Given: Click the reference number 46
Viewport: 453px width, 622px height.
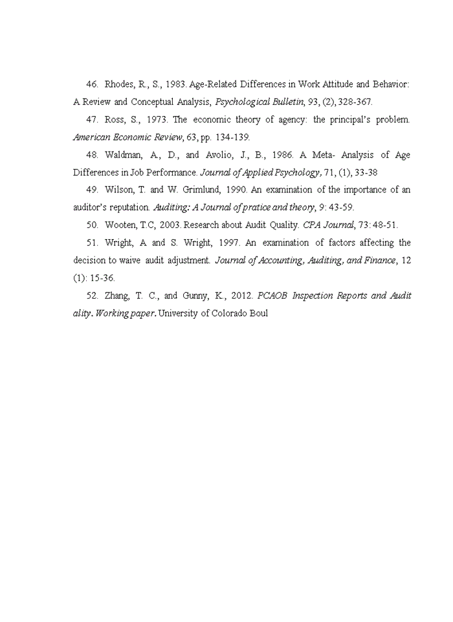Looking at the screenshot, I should [91, 84].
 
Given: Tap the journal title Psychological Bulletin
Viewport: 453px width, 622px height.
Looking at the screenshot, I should [253, 102].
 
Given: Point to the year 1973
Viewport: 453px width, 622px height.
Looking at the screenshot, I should [155, 120].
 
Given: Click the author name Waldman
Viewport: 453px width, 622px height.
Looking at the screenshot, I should [122, 155].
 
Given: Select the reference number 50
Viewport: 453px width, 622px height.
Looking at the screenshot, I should [91, 225].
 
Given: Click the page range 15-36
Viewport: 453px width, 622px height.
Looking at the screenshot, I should [102, 278].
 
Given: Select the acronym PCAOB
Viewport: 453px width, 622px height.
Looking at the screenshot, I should [272, 295].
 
